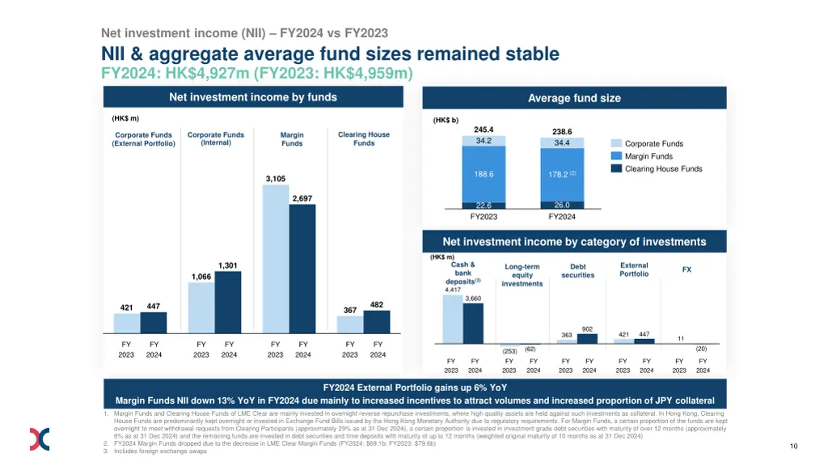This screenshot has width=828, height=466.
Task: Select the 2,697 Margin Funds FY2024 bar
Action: tap(302, 269)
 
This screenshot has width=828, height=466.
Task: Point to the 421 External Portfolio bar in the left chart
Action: tap(126, 324)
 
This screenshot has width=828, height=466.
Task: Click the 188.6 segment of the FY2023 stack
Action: tap(484, 174)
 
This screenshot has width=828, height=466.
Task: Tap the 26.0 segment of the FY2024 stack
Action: tap(561, 205)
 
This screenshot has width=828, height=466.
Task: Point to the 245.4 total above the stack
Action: tap(484, 129)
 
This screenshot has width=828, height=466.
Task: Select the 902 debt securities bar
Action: tap(588, 338)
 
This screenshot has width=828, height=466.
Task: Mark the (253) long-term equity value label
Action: tap(509, 351)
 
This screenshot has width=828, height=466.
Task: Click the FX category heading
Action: tap(686, 269)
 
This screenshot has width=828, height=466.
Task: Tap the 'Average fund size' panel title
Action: tap(574, 98)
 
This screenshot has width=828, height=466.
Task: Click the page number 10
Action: tap(794, 446)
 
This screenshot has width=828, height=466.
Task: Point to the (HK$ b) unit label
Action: tap(446, 120)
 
